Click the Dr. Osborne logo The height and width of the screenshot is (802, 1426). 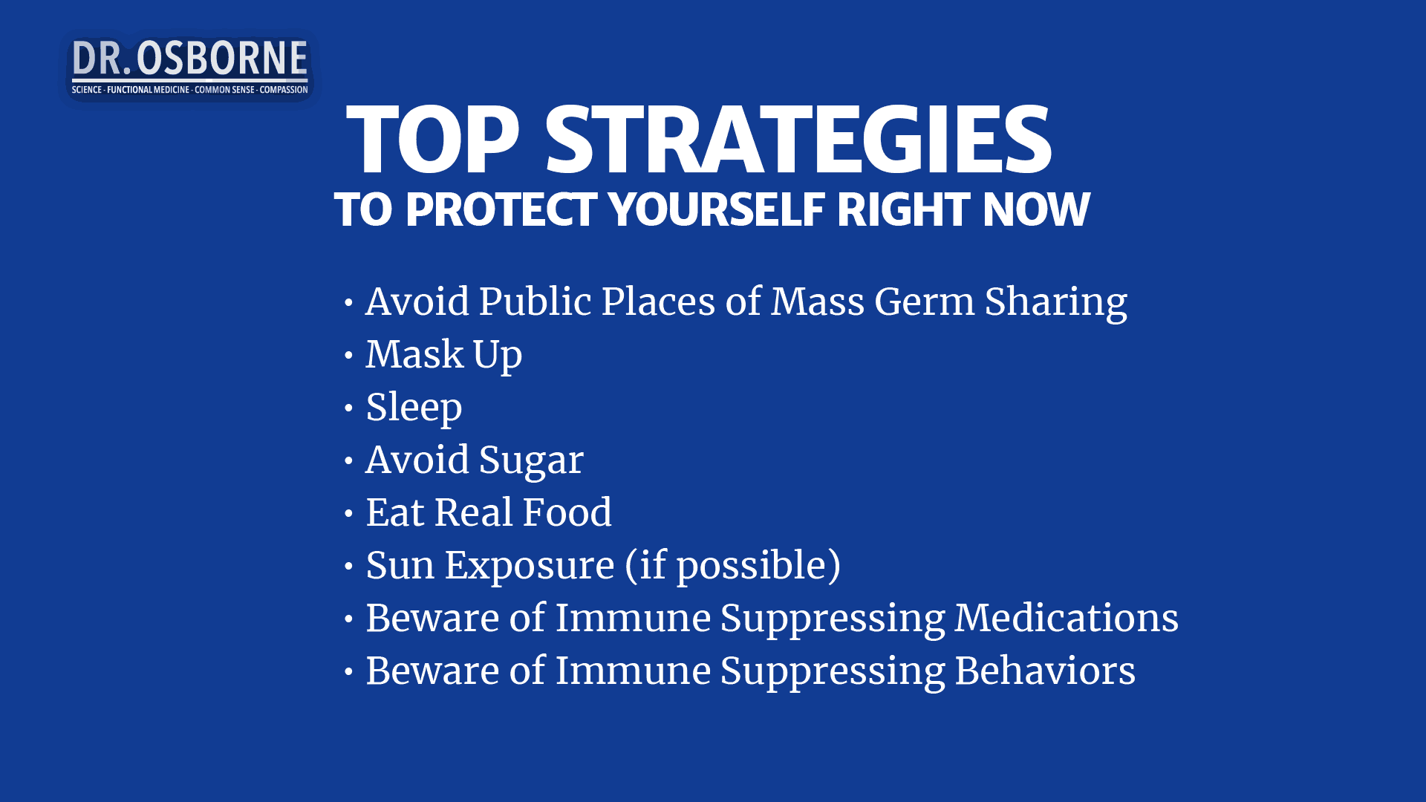(x=189, y=67)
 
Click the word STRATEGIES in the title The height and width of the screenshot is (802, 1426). (x=798, y=140)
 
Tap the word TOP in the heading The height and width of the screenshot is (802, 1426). (x=432, y=140)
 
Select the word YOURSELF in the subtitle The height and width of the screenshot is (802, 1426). (x=717, y=209)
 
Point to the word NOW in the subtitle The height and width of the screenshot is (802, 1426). (x=1037, y=209)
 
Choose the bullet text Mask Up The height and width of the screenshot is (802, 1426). (x=443, y=354)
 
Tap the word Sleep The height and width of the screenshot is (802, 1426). (x=414, y=407)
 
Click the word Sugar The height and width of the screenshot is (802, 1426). (x=531, y=460)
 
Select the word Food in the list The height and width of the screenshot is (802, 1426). (x=567, y=512)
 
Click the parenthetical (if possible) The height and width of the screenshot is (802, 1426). (x=733, y=565)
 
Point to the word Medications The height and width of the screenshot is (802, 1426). (x=1067, y=618)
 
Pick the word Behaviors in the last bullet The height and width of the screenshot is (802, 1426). (x=1045, y=671)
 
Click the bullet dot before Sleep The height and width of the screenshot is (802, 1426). (x=348, y=408)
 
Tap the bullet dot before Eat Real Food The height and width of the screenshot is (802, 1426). (x=348, y=514)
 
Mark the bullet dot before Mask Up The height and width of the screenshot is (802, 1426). (x=348, y=356)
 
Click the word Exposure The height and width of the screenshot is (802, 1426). (x=530, y=565)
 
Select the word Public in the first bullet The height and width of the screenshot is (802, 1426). (x=535, y=301)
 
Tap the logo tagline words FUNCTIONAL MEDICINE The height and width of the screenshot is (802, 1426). (x=149, y=90)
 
